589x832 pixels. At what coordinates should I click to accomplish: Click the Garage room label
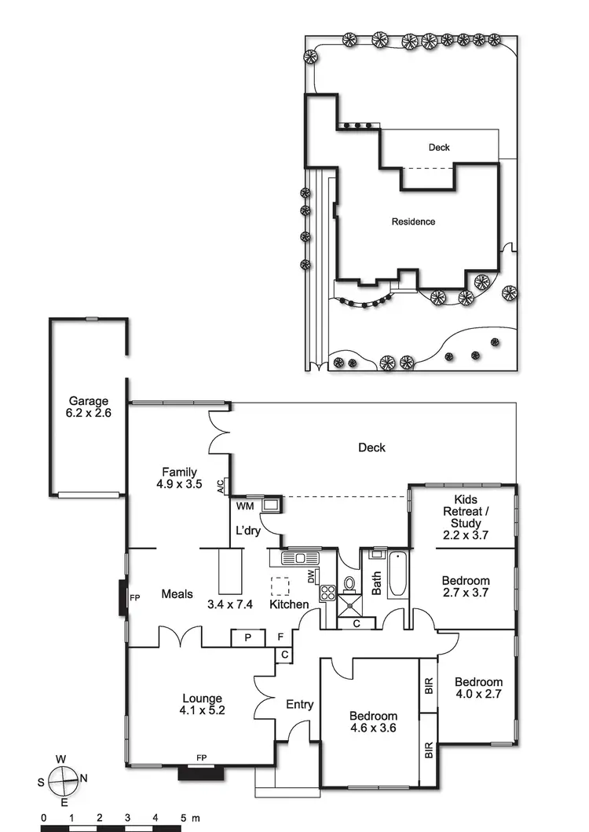[x=88, y=406]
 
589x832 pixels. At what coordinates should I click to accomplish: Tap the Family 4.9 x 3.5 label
[x=180, y=478]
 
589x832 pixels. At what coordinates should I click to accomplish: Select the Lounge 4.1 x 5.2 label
[x=202, y=704]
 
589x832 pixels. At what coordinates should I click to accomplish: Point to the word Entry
[x=299, y=704]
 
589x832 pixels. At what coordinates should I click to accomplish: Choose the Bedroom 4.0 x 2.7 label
[x=478, y=688]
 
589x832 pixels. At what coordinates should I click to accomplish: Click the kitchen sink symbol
[x=300, y=558]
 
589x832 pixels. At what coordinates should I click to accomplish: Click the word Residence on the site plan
[x=413, y=222]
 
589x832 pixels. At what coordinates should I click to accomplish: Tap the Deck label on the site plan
[x=439, y=147]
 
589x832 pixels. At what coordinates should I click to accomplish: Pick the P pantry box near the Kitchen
[x=247, y=638]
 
